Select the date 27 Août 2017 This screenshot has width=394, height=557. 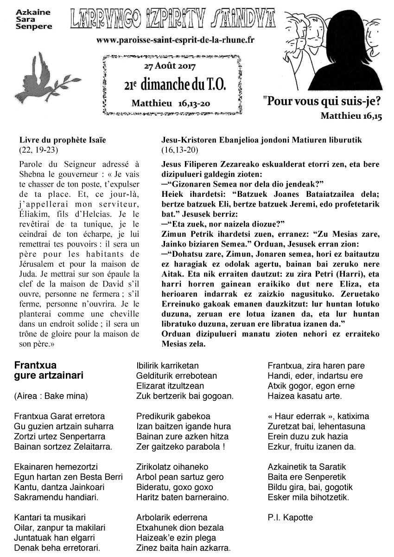[171, 66]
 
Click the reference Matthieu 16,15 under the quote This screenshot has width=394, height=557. [351, 116]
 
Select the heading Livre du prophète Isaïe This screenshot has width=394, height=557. [66, 140]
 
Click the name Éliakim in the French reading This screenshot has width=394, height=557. [35, 202]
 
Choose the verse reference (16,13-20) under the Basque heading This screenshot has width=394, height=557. [180, 149]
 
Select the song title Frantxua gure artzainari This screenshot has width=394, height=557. [49, 370]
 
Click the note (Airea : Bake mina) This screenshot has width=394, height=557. [51, 396]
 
